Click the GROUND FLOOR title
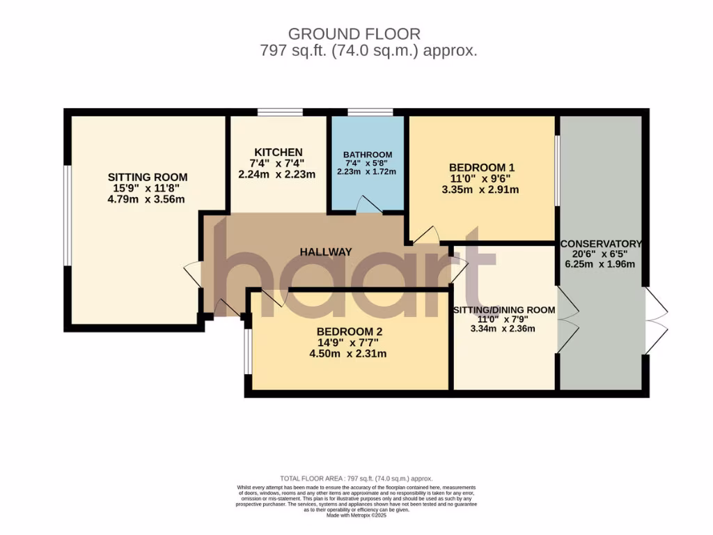click(x=354, y=33)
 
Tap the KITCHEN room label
click(x=278, y=153)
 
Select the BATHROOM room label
click(x=367, y=155)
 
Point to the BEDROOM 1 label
click(x=481, y=167)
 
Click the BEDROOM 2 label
click(x=349, y=332)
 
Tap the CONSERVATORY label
click(x=601, y=244)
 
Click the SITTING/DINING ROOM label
click(x=504, y=310)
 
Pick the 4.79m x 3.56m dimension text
click(x=147, y=199)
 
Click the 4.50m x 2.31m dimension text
click(x=348, y=354)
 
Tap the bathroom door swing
click(x=368, y=203)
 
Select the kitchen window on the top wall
click(x=279, y=111)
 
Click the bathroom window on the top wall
click(x=370, y=111)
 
